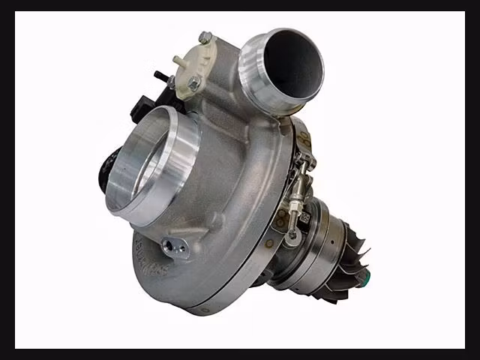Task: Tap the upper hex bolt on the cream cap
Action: [205, 37]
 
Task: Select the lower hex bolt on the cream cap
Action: [193, 84]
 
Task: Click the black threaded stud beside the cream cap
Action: [160, 76]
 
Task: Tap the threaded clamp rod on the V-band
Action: [299, 187]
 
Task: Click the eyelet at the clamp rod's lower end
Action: [292, 234]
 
